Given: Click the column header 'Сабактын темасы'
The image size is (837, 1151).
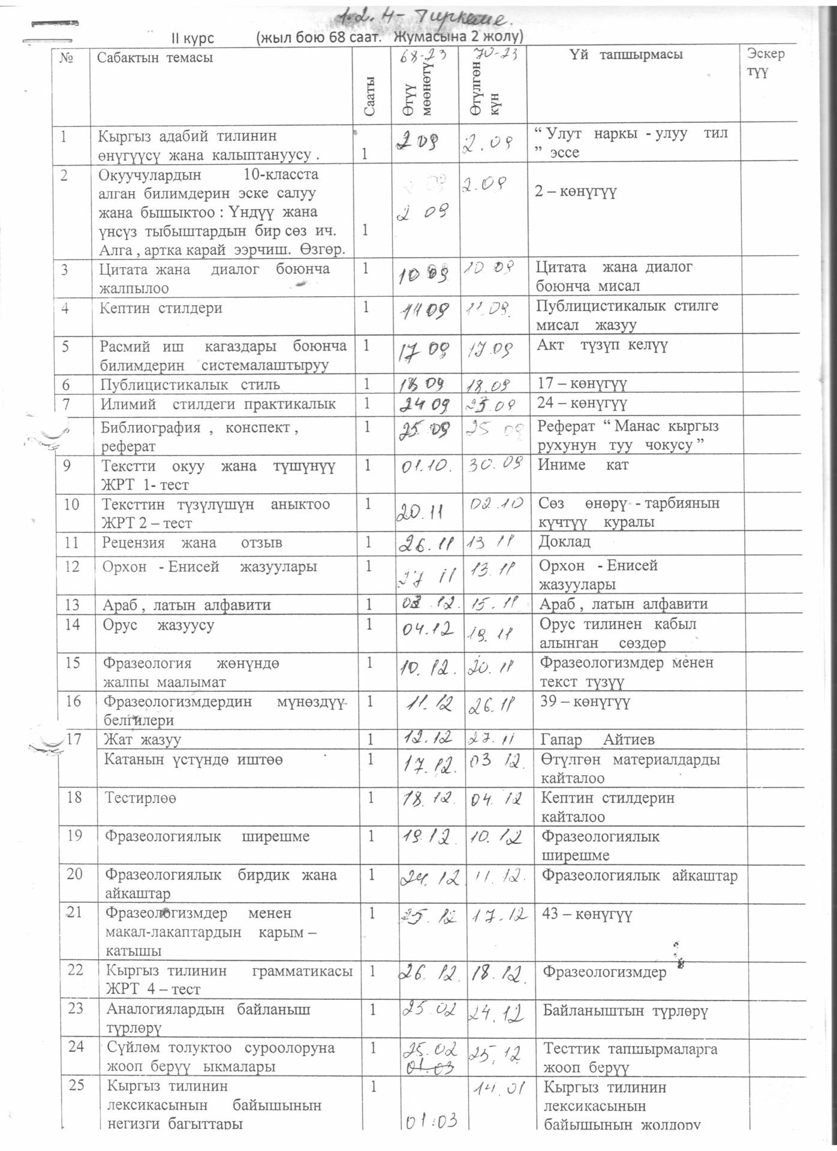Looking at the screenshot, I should click(x=155, y=58).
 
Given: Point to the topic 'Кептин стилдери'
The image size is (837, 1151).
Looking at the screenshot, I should click(x=161, y=308).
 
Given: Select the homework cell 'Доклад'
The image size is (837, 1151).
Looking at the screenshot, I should click(x=564, y=542).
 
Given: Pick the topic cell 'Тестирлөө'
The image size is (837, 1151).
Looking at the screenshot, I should click(x=140, y=798).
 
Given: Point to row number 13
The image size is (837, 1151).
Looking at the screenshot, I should click(x=72, y=604).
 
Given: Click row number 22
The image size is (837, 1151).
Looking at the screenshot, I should click(x=75, y=969).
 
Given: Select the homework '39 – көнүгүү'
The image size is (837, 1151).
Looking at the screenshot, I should click(x=585, y=701).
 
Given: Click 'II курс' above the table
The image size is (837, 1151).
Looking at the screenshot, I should click(x=192, y=38).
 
